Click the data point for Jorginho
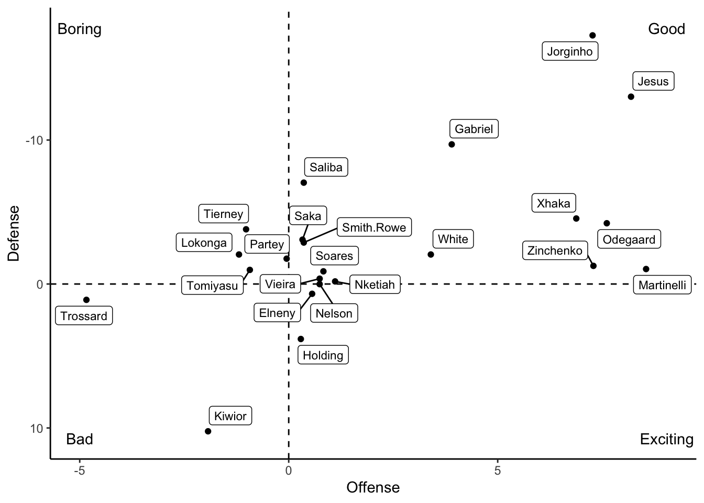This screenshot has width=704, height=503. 592,36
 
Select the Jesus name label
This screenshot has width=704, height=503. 653,81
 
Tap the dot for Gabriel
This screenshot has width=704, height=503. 452,144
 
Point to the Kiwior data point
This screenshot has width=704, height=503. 208,431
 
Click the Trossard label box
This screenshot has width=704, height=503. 84,316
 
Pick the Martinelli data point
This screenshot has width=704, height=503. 646,269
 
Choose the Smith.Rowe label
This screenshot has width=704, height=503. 374,227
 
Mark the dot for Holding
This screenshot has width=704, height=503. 301,339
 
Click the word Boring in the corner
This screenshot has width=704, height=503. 80,29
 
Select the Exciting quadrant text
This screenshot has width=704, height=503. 666,439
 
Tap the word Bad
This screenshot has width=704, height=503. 80,439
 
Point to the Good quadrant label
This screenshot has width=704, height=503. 666,29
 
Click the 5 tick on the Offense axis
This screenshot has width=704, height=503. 498,471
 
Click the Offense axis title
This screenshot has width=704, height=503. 373,488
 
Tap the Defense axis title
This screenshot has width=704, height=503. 14,233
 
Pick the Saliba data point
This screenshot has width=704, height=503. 304,182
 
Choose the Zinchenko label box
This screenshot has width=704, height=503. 555,250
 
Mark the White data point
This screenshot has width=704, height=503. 431,255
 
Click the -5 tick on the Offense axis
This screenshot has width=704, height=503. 79,471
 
